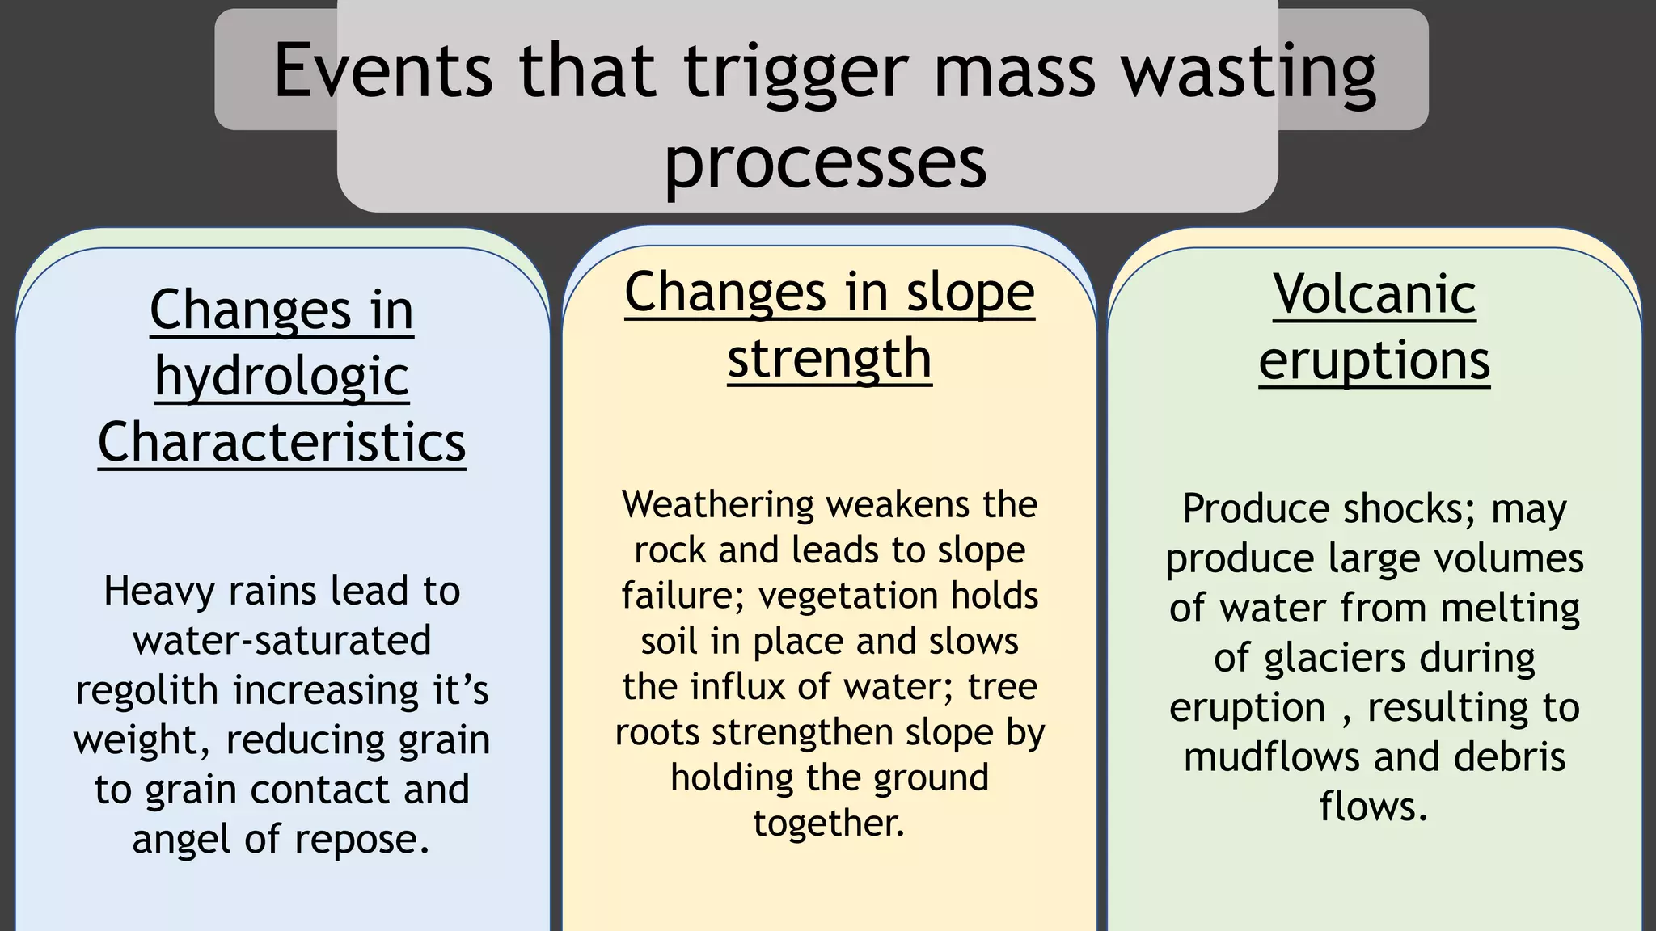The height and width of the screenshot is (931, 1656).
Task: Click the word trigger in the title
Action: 796,73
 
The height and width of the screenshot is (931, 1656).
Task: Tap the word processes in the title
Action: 826,162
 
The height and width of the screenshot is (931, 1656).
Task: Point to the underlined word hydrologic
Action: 281,377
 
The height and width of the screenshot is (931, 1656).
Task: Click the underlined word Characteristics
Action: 281,443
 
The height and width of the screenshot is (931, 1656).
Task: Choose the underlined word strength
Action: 829,359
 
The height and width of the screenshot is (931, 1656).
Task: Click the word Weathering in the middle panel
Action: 718,505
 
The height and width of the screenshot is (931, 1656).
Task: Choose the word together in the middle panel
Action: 829,824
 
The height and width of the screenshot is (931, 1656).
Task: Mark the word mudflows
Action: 1272,758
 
